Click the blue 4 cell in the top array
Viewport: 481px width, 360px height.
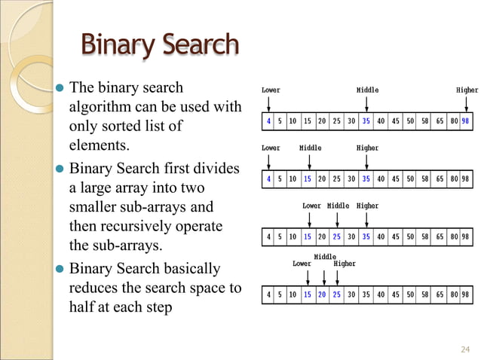(268, 121)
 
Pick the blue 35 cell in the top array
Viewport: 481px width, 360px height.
(366, 121)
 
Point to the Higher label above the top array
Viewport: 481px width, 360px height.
(467, 90)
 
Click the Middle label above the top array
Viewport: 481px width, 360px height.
(367, 90)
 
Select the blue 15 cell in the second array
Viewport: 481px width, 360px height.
(308, 179)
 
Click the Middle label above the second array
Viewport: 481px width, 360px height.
(310, 148)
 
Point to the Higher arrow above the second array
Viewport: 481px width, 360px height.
(366, 160)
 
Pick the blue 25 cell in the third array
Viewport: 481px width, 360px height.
(337, 236)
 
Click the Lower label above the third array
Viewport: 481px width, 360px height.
(311, 206)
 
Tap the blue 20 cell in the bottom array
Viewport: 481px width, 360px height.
(323, 294)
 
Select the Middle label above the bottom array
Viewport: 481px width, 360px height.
(325, 257)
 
